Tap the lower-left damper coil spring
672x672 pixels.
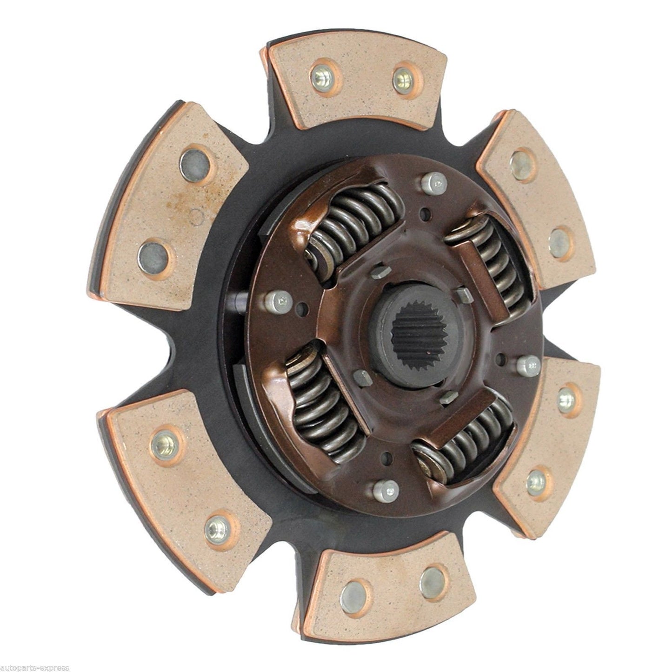point(321,400)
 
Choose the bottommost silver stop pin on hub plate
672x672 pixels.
point(385,489)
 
